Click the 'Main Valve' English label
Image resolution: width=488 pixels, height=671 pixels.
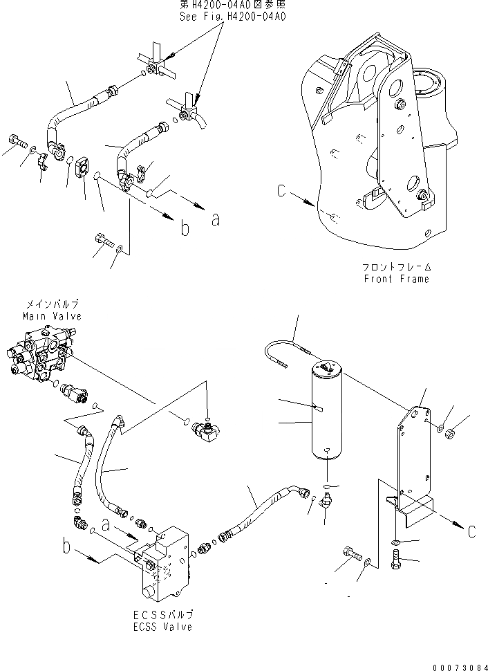pos(52,316)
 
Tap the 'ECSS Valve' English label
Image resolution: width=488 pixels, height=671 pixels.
pos(164,627)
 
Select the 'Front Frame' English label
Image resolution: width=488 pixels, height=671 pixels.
pos(397,279)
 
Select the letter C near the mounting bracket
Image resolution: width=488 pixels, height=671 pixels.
pos(471,532)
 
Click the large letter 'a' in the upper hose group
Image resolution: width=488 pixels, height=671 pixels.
pos(215,219)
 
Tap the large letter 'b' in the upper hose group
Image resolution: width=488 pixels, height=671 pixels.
pos(185,229)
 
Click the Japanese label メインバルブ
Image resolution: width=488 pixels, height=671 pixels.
pos(52,304)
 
